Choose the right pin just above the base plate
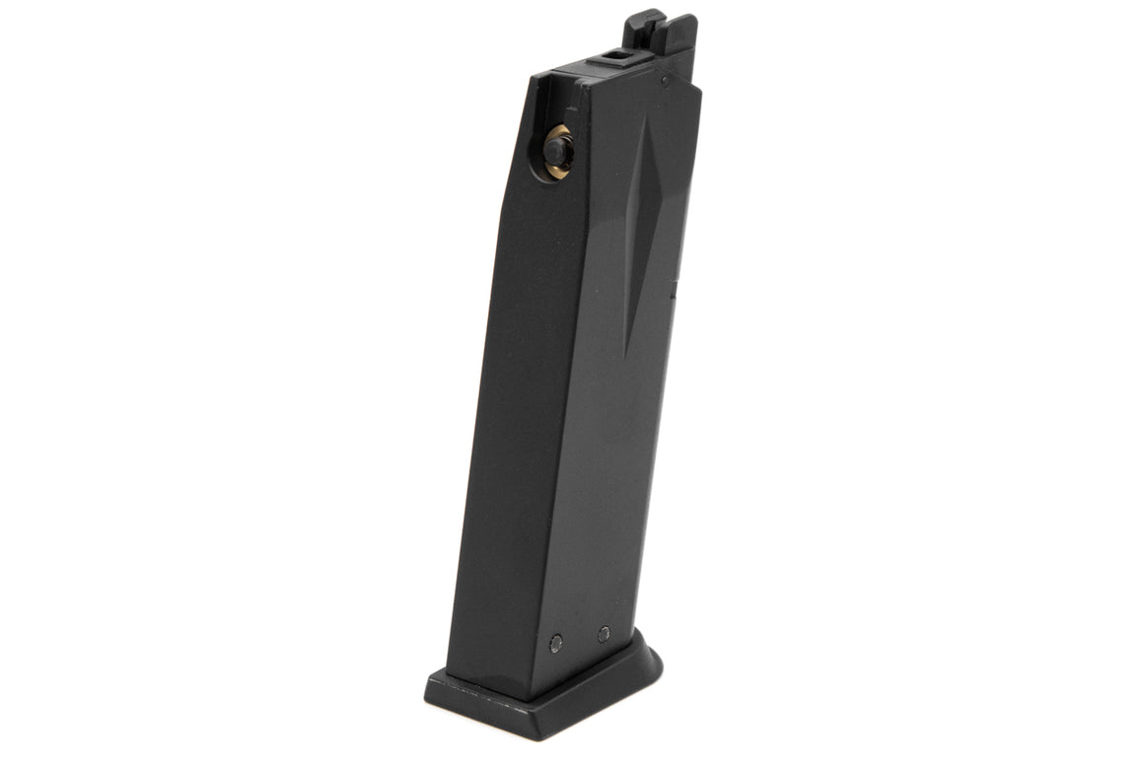(x=605, y=634)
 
